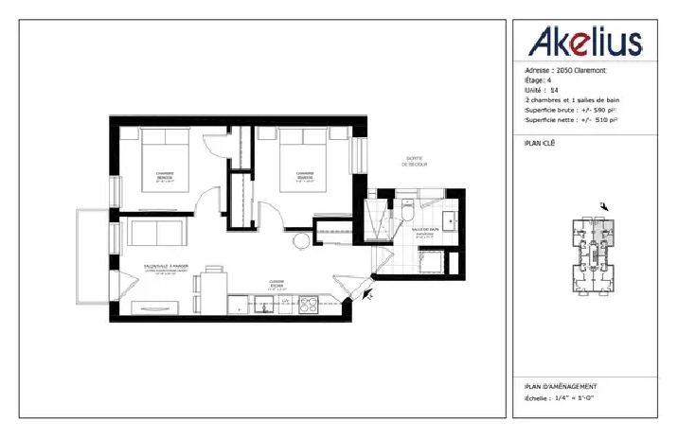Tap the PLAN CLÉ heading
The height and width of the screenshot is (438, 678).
pyautogui.click(x=540, y=144)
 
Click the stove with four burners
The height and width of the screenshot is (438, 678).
pyautogui.click(x=308, y=305)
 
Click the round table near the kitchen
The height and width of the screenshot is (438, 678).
pyautogui.click(x=300, y=241)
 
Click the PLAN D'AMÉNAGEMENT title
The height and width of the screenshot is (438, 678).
pyautogui.click(x=561, y=387)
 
